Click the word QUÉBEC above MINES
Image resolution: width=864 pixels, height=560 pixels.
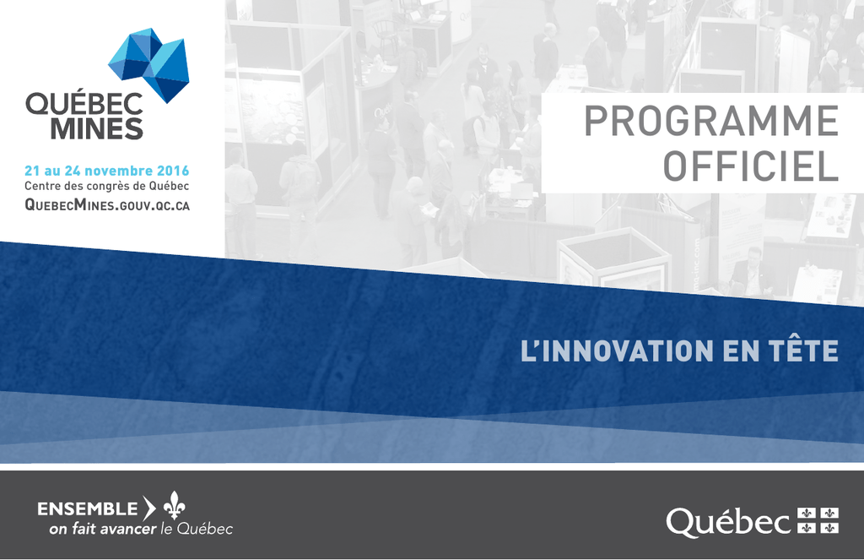tap(84, 103)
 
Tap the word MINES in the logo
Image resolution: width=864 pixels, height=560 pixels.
tap(97, 128)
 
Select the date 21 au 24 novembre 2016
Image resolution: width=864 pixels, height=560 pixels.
tap(107, 171)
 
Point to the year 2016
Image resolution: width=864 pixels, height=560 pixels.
tap(173, 171)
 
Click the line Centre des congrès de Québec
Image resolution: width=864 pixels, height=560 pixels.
tap(107, 187)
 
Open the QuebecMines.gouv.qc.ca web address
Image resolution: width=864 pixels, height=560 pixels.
tap(107, 205)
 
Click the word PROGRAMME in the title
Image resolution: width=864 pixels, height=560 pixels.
tap(711, 121)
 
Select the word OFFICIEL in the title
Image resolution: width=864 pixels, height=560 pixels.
tap(750, 166)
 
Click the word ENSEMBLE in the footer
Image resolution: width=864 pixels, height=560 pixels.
tap(88, 508)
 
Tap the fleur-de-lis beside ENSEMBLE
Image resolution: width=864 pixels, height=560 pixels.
tap(174, 505)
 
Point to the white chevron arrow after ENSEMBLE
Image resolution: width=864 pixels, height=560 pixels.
tap(149, 508)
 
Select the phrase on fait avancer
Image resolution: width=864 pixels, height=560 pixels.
tap(102, 529)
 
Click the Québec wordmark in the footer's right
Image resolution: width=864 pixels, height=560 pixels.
tap(728, 523)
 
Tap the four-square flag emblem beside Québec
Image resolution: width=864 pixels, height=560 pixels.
tap(818, 521)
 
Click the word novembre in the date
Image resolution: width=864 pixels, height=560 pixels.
tap(118, 171)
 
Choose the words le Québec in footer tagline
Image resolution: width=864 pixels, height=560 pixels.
tap(196, 529)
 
